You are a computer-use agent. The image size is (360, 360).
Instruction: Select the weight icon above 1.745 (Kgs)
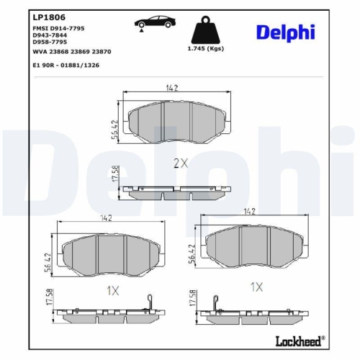tap(204, 30)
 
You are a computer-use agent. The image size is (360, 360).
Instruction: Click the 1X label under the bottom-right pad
tap(256, 286)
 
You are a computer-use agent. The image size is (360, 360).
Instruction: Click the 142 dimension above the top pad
tap(171, 89)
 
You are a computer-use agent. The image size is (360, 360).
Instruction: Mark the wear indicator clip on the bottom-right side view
tap(215, 303)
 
